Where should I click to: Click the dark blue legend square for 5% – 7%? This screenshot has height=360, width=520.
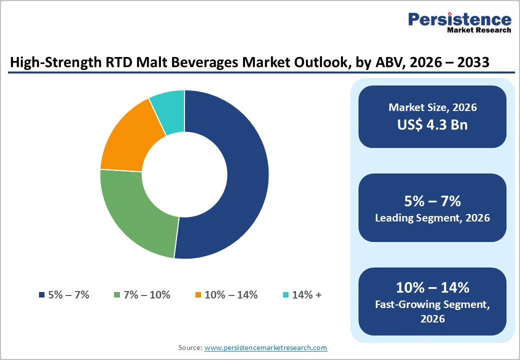(41, 295)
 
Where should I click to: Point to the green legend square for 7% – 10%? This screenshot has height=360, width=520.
(117, 295)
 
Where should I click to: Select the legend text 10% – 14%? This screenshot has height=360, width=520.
(231, 295)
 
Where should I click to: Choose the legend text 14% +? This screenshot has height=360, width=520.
(306, 295)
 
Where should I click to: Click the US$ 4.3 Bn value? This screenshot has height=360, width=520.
(432, 124)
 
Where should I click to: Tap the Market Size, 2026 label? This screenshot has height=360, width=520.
(432, 107)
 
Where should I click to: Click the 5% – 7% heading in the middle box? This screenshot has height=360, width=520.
(432, 201)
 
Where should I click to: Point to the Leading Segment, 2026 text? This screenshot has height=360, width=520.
(432, 218)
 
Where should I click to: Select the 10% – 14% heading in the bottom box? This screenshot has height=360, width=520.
(432, 287)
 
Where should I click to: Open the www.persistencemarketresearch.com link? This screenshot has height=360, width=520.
(265, 347)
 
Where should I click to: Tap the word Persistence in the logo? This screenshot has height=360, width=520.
(459, 19)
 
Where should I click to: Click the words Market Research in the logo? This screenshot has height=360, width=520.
(479, 30)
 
